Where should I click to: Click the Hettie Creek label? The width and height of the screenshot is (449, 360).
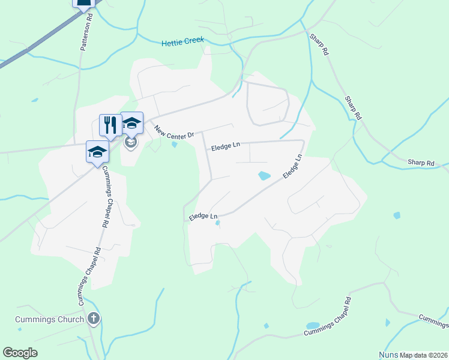[x=183, y=41]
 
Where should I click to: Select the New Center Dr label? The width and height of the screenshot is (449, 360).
[x=174, y=132]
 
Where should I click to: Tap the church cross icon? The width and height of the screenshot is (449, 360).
[x=93, y=319]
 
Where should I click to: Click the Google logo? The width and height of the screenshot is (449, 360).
[x=20, y=353]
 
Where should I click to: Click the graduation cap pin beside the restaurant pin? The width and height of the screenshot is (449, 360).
[x=132, y=124]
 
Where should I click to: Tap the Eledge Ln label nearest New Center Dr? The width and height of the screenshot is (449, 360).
[x=225, y=146]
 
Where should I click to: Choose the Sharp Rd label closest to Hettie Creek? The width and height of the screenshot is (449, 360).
[x=319, y=44]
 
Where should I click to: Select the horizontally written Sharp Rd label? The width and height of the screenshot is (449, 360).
[x=420, y=163]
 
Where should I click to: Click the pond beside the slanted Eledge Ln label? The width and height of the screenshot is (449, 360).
[x=264, y=176]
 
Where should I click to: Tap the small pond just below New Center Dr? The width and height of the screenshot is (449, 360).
[x=174, y=144]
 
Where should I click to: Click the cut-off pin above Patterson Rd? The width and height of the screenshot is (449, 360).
[x=83, y=4]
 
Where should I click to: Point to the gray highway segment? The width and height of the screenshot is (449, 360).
[x=36, y=44]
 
